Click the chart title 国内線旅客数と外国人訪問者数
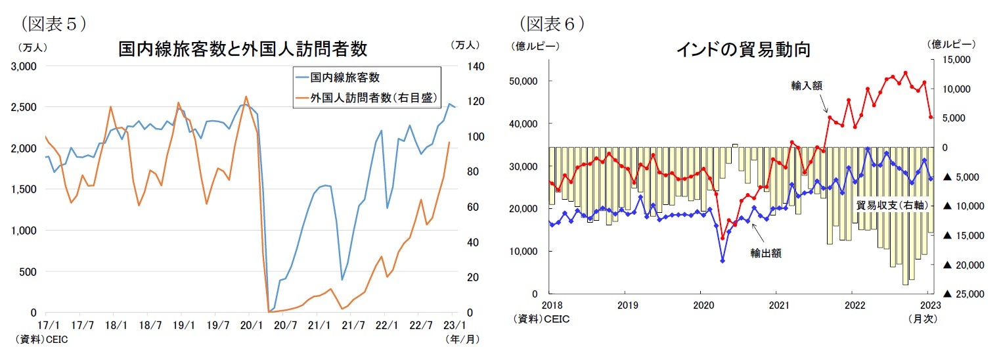[242, 49]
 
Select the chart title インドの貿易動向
[743, 49]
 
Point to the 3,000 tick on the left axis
[24, 66]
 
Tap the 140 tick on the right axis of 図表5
[474, 66]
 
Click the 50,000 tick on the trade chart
[523, 81]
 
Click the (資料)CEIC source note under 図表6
[541, 319]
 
